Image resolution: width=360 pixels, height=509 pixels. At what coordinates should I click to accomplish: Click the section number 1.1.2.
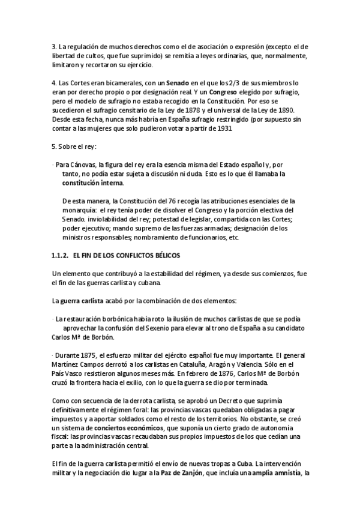pyautogui.click(x=61, y=256)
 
